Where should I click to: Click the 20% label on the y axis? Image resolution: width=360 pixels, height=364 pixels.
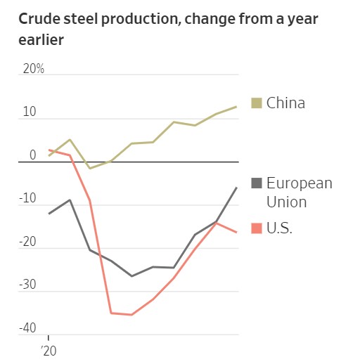[34, 69]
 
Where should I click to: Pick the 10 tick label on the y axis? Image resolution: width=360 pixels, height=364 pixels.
[30, 112]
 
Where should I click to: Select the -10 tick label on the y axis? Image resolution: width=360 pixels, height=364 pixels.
[28, 199]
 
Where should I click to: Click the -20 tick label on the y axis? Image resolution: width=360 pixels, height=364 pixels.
[28, 242]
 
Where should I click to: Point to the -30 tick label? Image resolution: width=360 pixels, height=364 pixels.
[28, 286]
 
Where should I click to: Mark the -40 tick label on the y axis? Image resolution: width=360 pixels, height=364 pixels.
[28, 329]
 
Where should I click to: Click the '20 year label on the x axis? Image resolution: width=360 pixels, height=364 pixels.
[49, 349]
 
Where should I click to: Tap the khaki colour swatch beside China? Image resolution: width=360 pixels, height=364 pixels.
[256, 103]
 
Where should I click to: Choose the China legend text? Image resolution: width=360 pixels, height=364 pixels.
[286, 103]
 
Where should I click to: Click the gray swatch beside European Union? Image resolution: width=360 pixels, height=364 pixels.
[256, 184]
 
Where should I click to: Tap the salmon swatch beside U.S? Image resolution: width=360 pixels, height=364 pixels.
[256, 228]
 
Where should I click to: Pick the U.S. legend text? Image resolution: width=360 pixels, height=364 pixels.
[280, 228]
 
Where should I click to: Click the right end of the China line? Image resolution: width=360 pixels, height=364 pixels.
[236, 107]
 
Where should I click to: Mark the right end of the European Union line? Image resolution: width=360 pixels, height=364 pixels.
[236, 188]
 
